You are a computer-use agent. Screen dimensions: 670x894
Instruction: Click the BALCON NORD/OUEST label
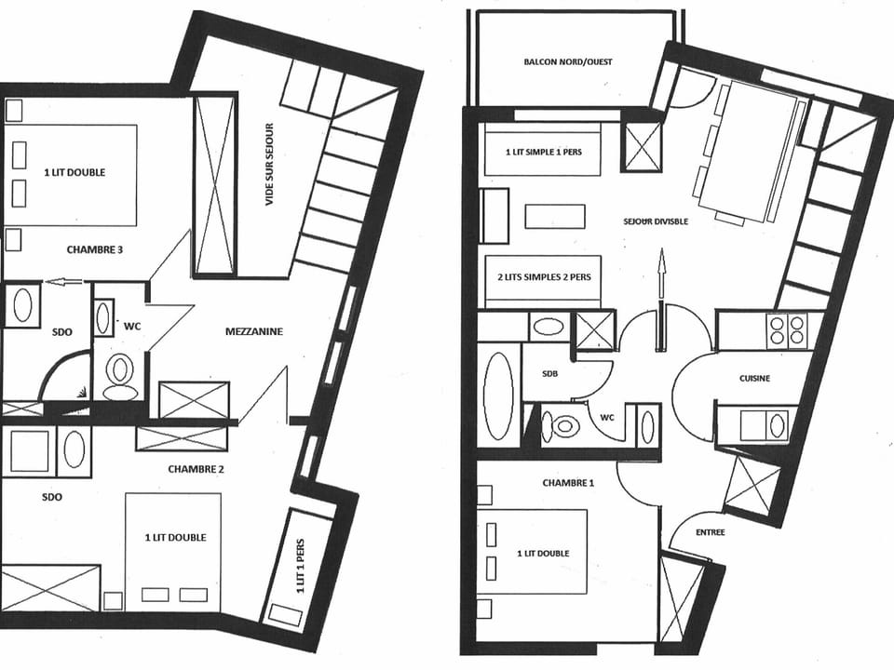tap(567, 62)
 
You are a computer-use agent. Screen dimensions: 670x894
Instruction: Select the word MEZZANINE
tap(253, 330)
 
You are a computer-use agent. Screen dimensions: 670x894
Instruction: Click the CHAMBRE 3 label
tap(95, 249)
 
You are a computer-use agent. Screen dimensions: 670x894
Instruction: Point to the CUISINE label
tap(754, 378)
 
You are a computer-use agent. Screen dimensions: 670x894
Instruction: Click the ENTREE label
tap(710, 532)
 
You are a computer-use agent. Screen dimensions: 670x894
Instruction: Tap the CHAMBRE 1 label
tap(569, 483)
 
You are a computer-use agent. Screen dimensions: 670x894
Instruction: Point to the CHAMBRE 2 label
tap(196, 468)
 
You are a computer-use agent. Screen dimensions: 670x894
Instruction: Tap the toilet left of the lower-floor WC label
tap(564, 427)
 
